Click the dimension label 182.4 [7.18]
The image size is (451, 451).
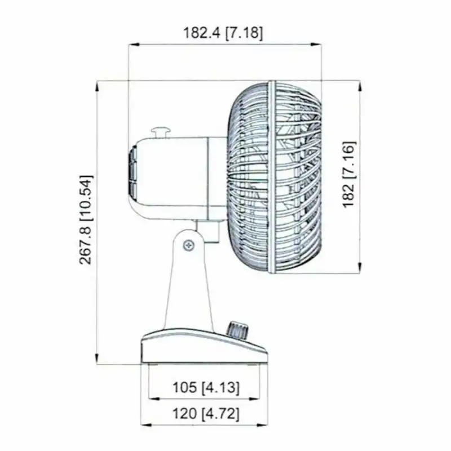(223, 33)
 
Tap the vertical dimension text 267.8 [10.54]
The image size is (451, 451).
(86, 219)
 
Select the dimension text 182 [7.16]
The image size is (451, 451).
(349, 174)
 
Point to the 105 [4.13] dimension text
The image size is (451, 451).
(206, 387)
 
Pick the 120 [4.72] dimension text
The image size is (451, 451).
(206, 414)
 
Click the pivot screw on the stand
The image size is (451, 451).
(189, 245)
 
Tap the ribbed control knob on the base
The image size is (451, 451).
(237, 331)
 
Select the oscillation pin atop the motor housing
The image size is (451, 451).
(161, 132)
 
